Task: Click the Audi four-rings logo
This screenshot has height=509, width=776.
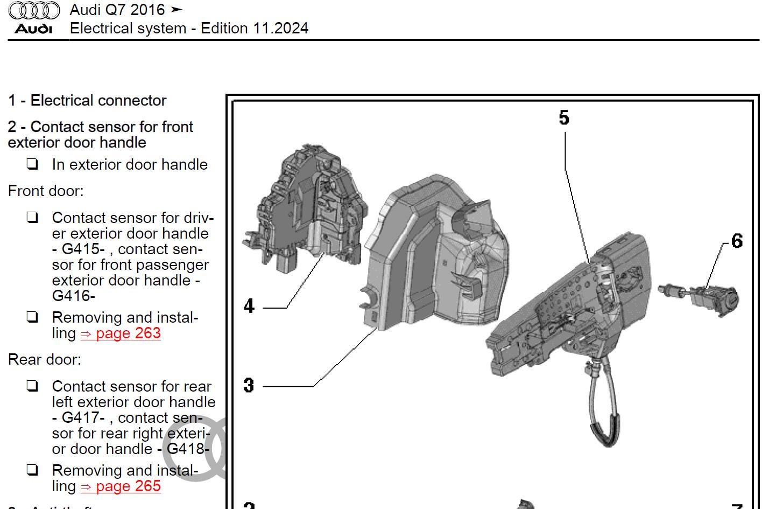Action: (34, 10)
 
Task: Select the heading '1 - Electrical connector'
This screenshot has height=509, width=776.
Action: (87, 101)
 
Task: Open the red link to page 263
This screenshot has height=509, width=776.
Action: (121, 333)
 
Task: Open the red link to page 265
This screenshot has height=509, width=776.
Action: (121, 486)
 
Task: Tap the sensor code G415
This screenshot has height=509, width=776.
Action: (83, 249)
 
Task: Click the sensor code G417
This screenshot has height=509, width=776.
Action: (83, 418)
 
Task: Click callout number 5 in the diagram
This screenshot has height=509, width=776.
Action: (563, 117)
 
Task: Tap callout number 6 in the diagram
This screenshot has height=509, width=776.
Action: (737, 241)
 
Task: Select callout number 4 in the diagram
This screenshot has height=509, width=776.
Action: (249, 306)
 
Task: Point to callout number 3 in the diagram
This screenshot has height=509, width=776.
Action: (249, 385)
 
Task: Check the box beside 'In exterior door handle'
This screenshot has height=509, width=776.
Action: (32, 164)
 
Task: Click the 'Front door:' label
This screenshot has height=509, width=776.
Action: (46, 191)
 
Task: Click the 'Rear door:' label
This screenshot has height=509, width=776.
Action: (45, 360)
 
